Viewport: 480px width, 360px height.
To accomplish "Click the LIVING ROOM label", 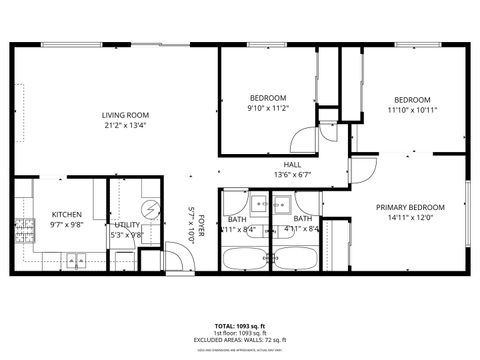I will [x=125, y=115].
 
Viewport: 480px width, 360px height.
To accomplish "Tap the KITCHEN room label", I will [x=67, y=214].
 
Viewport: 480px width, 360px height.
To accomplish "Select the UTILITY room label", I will [x=127, y=225].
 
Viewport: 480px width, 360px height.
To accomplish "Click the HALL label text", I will [x=292, y=164].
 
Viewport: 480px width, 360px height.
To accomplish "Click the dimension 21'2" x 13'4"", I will [x=125, y=126].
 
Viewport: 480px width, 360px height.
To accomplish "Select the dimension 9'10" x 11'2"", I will [x=268, y=108].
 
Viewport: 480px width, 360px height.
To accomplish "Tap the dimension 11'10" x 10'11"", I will [x=411, y=110].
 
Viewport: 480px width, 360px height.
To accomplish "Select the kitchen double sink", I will [x=75, y=261].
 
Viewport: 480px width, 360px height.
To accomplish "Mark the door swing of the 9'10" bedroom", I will [x=306, y=139].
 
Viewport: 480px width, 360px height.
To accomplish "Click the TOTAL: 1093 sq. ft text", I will [x=240, y=326].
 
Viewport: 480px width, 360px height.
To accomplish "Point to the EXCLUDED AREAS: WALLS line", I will [x=240, y=340].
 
